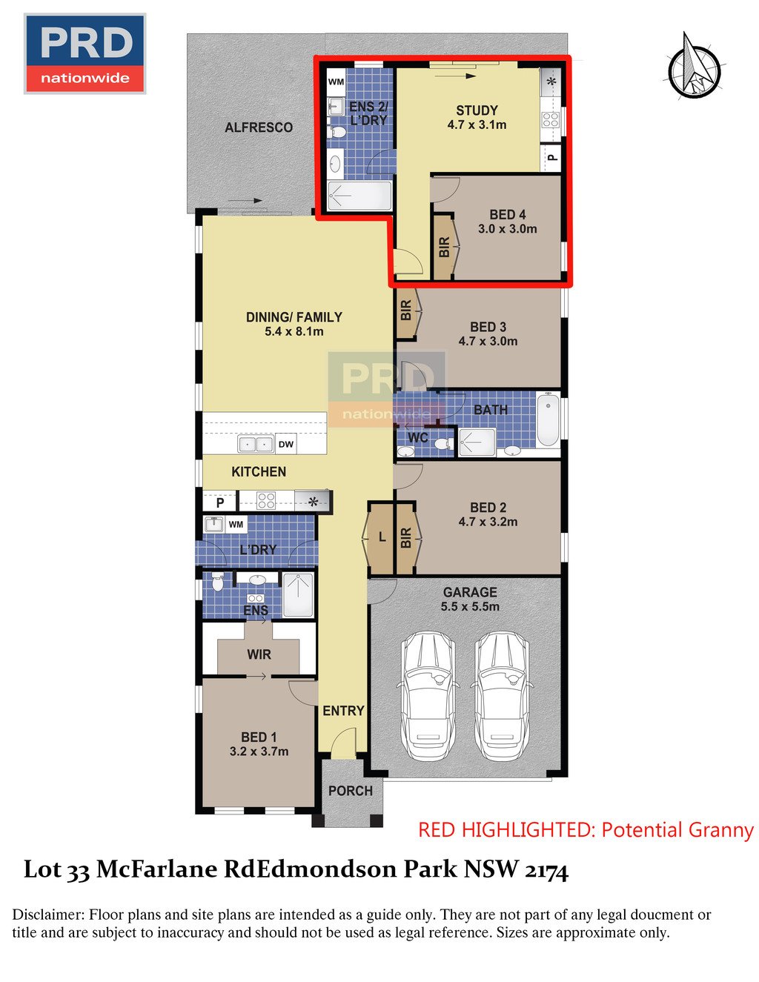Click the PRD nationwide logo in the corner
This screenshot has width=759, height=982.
[85, 54]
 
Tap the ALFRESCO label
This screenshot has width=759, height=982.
[259, 127]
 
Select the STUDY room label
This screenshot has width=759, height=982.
[477, 110]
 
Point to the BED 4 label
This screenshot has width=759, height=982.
[507, 215]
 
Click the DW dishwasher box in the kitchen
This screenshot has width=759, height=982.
[286, 445]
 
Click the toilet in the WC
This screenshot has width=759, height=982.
[443, 444]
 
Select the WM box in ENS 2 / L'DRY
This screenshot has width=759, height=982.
[336, 82]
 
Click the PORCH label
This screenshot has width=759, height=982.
[351, 791]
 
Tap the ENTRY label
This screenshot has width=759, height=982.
[343, 711]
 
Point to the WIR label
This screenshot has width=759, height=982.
[259, 654]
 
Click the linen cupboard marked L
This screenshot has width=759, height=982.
[382, 538]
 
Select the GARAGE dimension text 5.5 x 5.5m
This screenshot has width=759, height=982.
[470, 606]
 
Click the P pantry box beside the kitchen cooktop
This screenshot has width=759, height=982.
[220, 502]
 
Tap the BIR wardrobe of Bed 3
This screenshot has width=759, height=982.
[406, 310]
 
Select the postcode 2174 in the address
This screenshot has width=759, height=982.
[546, 869]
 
